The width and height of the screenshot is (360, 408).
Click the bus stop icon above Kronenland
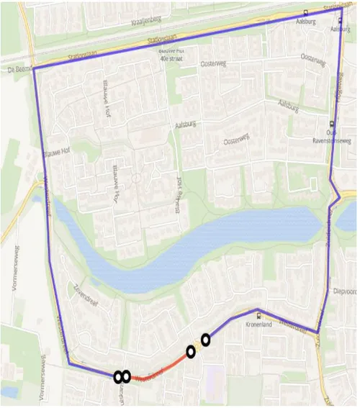click(259, 315)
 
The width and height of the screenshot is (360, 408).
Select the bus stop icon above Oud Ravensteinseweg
click(331, 124)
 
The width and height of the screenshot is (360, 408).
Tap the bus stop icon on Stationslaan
click(307, 12)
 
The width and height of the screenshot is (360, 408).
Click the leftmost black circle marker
click(117, 376)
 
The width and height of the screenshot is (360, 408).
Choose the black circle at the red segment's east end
click(191, 352)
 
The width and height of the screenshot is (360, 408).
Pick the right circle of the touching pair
click(125, 376)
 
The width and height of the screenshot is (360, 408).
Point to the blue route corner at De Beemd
click(33, 68)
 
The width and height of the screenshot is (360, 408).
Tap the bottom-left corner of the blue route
click(70, 364)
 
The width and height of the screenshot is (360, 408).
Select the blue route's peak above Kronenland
click(257, 311)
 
